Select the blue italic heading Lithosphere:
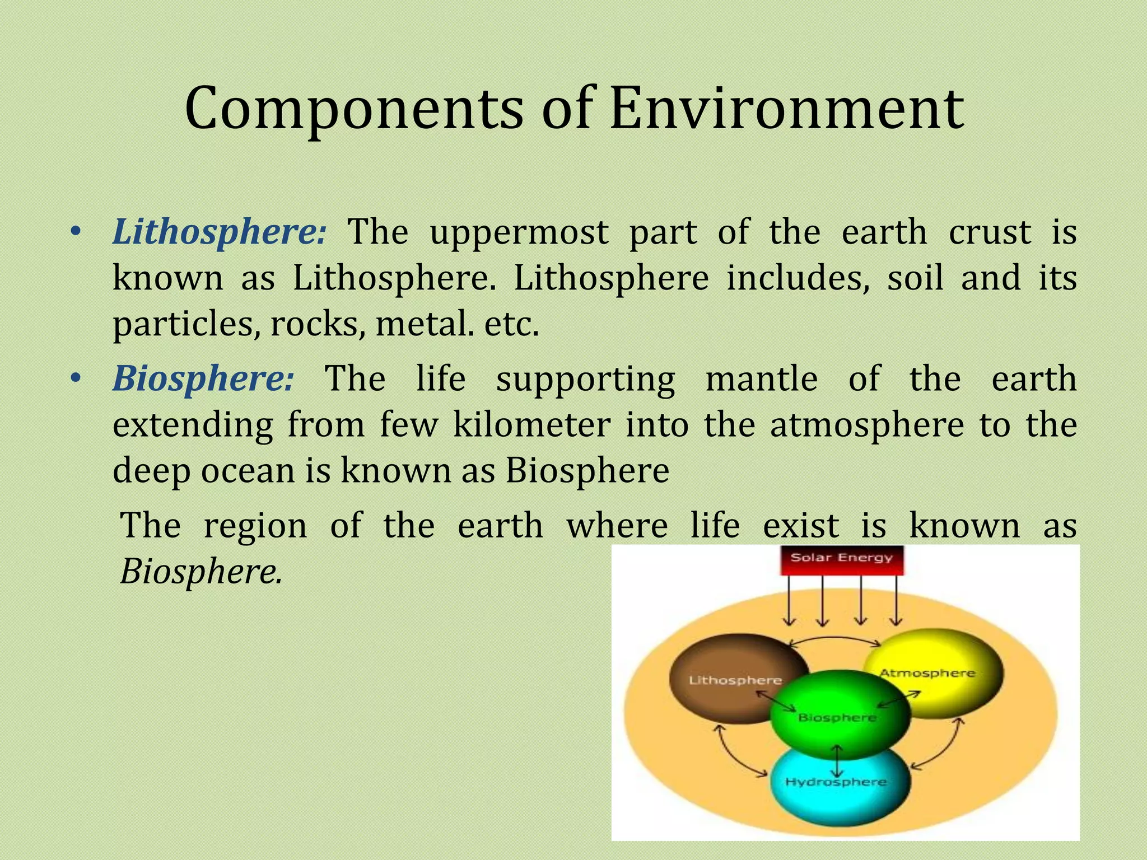218,232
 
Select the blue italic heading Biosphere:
203,378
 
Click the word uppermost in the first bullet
519,232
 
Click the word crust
990,232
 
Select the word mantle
762,378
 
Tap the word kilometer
531,424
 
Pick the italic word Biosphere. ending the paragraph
201,573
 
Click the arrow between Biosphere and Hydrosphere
837,760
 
